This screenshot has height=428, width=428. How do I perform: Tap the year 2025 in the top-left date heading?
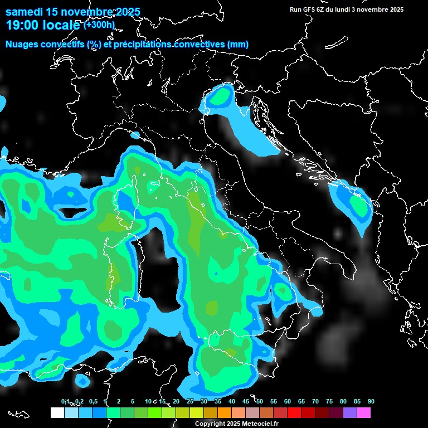pyautogui.click(x=128, y=12)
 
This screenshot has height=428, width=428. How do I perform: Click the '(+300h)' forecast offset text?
pyautogui.click(x=99, y=25)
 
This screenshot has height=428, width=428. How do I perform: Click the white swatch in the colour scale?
pyautogui.click(x=57, y=413)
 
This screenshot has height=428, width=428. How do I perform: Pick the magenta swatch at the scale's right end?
pyautogui.click(x=363, y=413)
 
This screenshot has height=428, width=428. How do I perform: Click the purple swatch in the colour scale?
pyautogui.click(x=349, y=413)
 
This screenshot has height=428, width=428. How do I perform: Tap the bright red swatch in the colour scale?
pyautogui.click(x=294, y=413)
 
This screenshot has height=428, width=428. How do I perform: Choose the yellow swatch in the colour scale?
pyautogui.click(x=196, y=413)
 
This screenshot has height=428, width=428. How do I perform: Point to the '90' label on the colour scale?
pyautogui.click(x=371, y=401)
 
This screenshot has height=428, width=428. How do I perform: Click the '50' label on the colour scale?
pyautogui.click(x=260, y=401)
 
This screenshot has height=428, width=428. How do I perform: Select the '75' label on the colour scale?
pyautogui.click(x=329, y=401)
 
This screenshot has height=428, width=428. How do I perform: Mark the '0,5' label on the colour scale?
pyautogui.click(x=93, y=401)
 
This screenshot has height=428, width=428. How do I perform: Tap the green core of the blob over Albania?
pyautogui.click(x=357, y=207)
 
